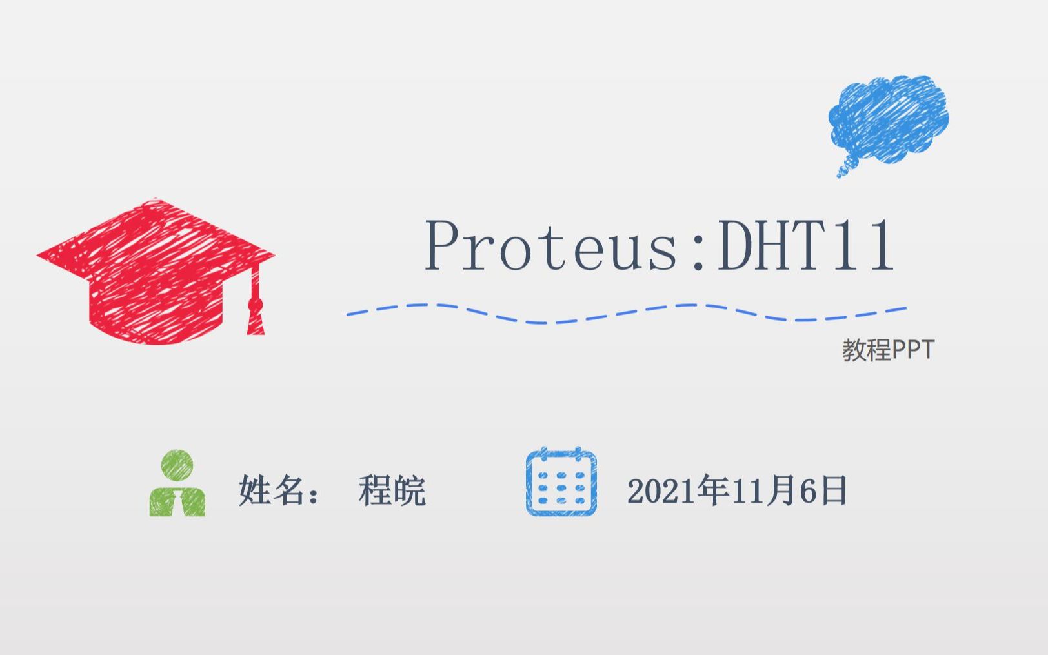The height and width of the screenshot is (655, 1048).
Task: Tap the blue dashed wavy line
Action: click(x=626, y=313)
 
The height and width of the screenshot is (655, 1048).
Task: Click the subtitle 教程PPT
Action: click(x=888, y=350)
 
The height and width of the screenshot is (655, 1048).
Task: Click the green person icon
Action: click(x=177, y=484)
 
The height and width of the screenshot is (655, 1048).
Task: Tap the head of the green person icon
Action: click(x=177, y=465)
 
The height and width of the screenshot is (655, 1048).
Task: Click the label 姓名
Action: click(x=271, y=490)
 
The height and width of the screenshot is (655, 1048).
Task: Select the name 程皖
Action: click(x=392, y=491)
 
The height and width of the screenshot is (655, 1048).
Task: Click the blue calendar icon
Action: click(x=561, y=482)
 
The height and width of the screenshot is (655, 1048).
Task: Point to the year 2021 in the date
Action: click(x=661, y=492)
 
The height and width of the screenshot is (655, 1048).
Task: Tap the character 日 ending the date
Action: click(x=834, y=491)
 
